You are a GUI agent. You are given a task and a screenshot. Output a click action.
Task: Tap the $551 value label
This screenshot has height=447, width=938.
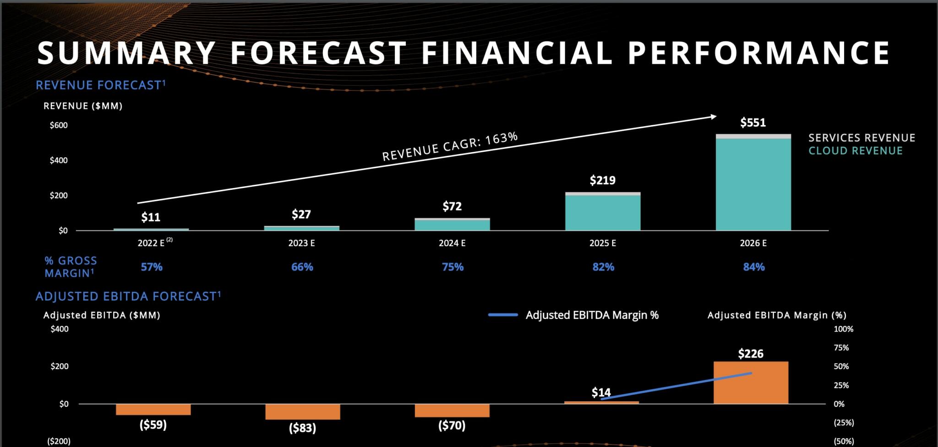pyautogui.click(x=753, y=122)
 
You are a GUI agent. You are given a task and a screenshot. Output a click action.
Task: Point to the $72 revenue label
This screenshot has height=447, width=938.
pyautogui.click(x=452, y=206)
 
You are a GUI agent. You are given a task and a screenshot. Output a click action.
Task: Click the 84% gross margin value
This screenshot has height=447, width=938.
pyautogui.click(x=754, y=267)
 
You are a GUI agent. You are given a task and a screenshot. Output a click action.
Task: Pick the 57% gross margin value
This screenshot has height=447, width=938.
pyautogui.click(x=152, y=267)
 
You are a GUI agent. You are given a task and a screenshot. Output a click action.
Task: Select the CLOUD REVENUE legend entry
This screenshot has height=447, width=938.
pyautogui.click(x=855, y=151)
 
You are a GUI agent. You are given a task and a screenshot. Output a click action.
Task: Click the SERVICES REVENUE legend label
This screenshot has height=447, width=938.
pyautogui.click(x=862, y=138)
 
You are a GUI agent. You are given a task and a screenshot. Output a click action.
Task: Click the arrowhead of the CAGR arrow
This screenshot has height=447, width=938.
pyautogui.click(x=713, y=117)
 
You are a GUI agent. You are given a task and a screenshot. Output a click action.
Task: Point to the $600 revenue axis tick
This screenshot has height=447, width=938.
pyautogui.click(x=59, y=125)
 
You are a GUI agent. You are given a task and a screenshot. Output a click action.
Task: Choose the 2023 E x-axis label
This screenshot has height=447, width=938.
pyautogui.click(x=301, y=243)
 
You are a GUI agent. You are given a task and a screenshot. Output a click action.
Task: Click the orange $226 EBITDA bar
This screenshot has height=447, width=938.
pyautogui.click(x=751, y=382)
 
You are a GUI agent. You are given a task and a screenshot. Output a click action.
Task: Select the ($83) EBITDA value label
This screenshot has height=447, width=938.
pyautogui.click(x=302, y=428)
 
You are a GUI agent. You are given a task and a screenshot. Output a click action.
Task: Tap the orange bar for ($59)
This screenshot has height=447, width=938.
pyautogui.click(x=153, y=409)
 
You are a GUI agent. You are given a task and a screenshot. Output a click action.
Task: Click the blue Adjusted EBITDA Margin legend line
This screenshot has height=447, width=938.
pyautogui.click(x=503, y=315)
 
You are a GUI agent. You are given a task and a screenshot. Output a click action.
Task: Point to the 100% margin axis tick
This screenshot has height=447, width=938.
pyautogui.click(x=843, y=329)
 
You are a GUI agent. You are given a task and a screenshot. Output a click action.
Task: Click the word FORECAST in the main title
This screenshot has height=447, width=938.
pyautogui.click(x=318, y=52)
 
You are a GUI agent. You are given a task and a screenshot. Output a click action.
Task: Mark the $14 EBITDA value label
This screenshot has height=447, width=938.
pyautogui.click(x=601, y=392)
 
